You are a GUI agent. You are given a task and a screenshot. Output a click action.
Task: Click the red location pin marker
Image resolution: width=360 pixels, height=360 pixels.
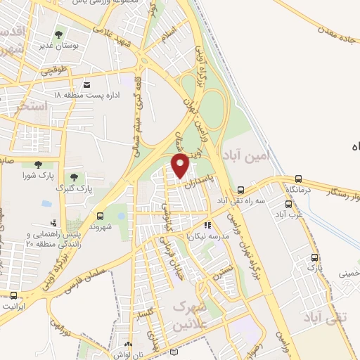(181, 165)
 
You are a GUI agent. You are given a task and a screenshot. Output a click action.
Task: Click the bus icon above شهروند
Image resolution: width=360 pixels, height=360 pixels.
(100, 216)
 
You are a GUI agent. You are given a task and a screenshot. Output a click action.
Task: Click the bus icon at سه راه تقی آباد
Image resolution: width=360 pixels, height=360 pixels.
(240, 190)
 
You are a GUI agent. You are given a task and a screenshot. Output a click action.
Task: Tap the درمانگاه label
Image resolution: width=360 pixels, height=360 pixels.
(298, 190)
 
